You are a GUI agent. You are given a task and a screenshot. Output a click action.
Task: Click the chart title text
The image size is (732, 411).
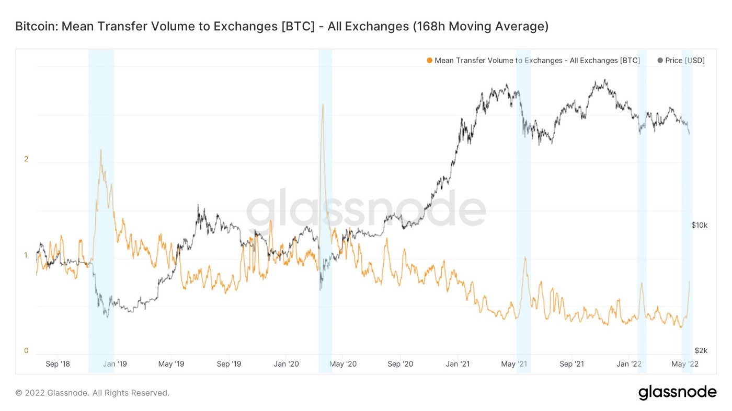282,27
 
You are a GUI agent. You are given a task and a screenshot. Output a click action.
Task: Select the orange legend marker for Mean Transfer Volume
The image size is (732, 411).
430,61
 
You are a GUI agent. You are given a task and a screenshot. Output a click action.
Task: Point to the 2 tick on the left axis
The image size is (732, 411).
26,159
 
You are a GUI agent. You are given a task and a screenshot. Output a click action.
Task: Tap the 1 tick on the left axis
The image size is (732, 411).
26,255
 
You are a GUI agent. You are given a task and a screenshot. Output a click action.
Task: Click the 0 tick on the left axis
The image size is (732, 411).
26,350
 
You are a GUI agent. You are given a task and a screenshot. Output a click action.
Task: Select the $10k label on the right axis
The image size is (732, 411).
699,225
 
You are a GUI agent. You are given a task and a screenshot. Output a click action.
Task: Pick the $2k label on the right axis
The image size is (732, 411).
701,350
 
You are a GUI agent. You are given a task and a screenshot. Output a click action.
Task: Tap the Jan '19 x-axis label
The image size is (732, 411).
115,364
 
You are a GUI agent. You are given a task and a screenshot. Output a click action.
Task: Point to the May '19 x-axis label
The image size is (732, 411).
171,364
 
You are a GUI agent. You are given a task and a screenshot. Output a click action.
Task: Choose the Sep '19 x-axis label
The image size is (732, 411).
229,364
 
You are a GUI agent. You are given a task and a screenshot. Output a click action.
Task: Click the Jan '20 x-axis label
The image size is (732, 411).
286,364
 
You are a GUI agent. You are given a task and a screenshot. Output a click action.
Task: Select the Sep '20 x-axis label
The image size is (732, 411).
401,364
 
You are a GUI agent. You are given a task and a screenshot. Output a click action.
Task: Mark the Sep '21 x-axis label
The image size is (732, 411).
571,364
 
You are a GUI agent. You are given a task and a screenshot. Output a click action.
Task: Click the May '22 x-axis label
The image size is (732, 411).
685,364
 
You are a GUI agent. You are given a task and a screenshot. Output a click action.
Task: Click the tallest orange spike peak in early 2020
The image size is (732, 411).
323,105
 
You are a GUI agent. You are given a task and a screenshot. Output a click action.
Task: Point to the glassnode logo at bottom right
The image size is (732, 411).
677,392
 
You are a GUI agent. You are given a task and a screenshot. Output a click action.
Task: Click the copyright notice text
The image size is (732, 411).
92,393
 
